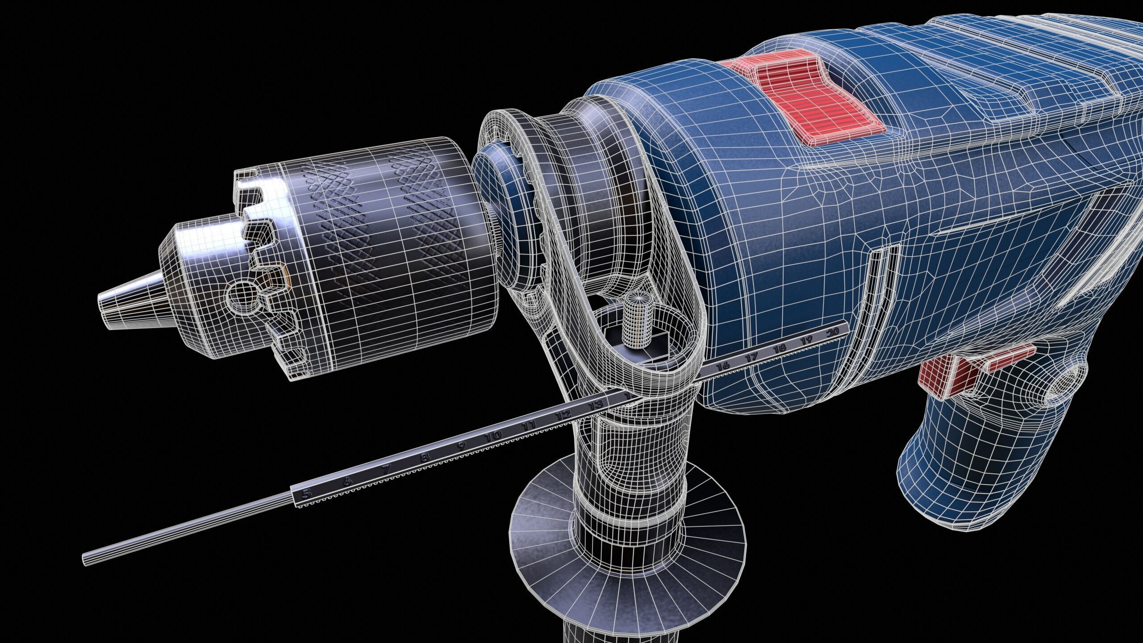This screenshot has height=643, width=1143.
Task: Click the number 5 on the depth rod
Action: pyautogui.click(x=306, y=494)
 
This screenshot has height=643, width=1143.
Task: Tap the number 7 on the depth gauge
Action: pyautogui.click(x=387, y=469)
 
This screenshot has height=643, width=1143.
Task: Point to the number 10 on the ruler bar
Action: pyautogui.click(x=494, y=435)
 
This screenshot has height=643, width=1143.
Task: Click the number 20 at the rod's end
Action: pyautogui.click(x=832, y=333)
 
